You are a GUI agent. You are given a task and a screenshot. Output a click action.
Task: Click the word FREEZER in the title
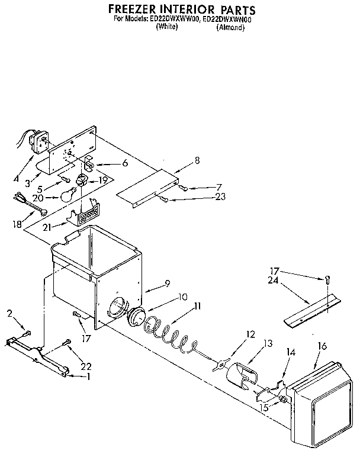133,10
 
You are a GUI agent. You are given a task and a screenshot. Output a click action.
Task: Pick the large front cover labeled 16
320,403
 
